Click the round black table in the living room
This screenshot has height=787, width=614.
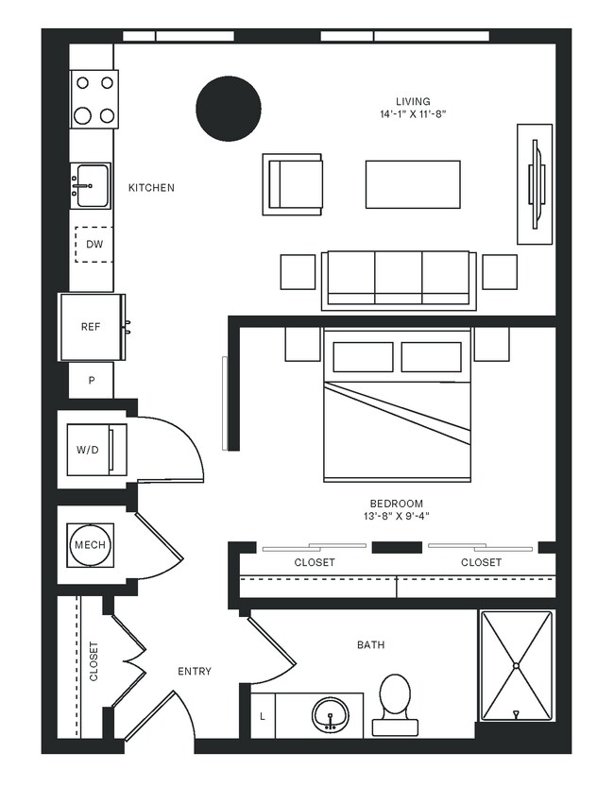[228, 109]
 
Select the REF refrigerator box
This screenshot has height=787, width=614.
[92, 327]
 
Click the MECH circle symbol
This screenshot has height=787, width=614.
[91, 545]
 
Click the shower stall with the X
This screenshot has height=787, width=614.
[516, 665]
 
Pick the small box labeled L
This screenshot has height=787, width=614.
[263, 716]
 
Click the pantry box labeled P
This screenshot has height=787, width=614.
[92, 381]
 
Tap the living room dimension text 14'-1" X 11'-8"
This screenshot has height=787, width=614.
[413, 113]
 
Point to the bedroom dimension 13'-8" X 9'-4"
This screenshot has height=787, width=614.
[396, 516]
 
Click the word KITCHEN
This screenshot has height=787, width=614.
[151, 188]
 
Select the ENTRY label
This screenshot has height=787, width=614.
[195, 672]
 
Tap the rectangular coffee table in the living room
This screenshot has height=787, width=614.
[413, 183]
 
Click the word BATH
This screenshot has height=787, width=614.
[370, 645]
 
